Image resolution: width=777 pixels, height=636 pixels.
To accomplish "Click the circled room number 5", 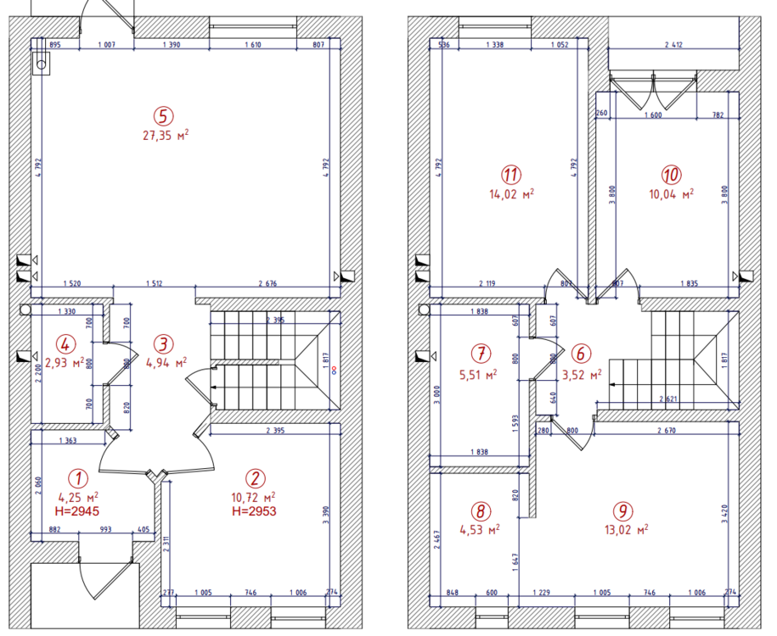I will point(162,115).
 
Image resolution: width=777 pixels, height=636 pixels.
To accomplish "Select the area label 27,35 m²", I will point(166,134).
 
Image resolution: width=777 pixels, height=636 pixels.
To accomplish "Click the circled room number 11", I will point(510,175).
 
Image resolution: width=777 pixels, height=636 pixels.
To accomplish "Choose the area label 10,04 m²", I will point(671,192).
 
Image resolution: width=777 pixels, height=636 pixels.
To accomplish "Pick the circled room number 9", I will point(623,511).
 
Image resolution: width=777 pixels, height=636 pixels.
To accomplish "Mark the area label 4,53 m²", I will point(481,529).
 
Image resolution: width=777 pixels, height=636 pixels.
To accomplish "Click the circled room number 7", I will point(481,352).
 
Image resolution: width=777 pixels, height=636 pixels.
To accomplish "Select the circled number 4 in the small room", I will point(64,344).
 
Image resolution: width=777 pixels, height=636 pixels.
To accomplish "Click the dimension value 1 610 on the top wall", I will point(252,44).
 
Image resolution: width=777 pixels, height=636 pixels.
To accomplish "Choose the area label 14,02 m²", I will point(510,193).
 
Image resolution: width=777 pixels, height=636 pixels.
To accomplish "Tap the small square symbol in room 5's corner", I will point(39,62).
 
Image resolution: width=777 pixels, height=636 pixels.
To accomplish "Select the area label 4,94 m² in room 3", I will point(167,363).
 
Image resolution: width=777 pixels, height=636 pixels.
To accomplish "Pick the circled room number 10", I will point(671,174).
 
